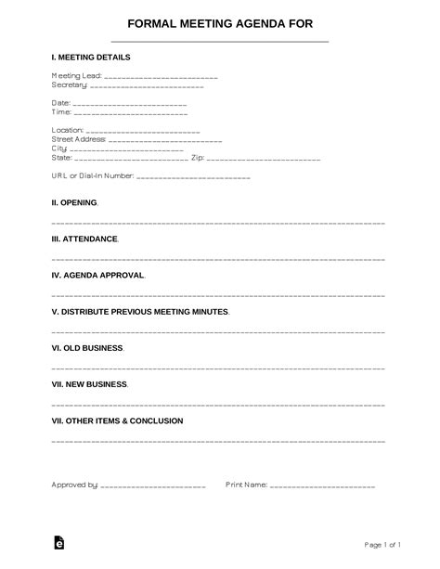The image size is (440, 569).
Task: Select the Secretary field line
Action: point(149,85)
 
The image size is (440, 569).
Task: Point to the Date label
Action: point(60,103)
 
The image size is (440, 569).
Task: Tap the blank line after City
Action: point(126,149)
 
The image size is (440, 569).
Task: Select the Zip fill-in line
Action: point(269,158)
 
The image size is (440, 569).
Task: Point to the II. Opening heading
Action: point(73,202)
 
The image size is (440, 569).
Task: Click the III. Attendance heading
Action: point(84,239)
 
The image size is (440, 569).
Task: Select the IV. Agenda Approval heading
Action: point(97,275)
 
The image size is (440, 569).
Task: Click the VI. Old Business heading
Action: point(86,348)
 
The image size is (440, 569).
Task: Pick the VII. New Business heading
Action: point(89,384)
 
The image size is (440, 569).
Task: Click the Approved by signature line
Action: point(152,485)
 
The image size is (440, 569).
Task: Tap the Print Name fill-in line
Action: point(322,485)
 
